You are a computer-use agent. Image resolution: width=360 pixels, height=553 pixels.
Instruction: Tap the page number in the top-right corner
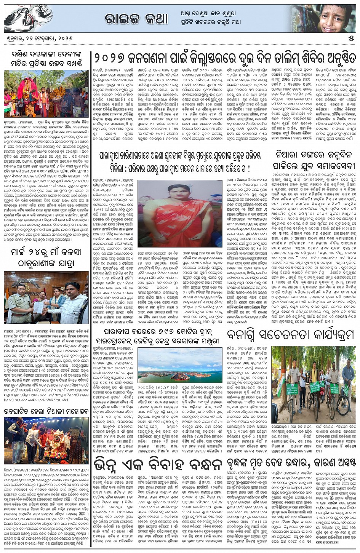351,39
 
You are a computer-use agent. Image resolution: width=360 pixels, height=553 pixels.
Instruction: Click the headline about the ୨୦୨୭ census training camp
225,59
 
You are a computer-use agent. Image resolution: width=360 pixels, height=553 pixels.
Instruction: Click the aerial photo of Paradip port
179,369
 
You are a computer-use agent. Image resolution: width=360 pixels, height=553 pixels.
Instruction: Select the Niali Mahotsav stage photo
46,440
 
